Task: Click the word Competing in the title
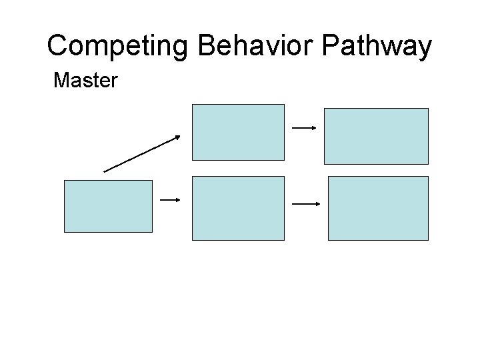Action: (119, 47)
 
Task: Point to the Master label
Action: (85, 81)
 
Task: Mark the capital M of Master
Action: (61, 81)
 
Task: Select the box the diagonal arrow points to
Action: (238, 132)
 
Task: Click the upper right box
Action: (376, 136)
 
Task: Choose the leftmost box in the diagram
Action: (108, 206)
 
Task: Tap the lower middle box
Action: (238, 208)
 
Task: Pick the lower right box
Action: (378, 208)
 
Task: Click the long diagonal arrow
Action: (142, 153)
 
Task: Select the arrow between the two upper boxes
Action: (303, 127)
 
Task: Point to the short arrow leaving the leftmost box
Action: (171, 199)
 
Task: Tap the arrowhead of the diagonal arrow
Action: (177, 137)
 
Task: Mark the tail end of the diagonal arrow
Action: (105, 171)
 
